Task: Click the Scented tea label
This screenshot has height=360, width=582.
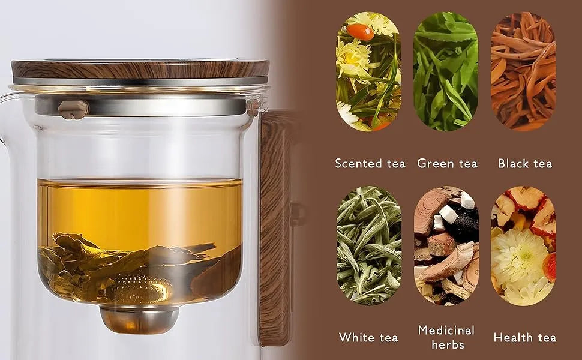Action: (x=370, y=164)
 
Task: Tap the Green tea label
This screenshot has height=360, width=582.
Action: (x=447, y=164)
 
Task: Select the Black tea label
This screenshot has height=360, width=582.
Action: (x=525, y=164)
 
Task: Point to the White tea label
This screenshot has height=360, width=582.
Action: (x=368, y=338)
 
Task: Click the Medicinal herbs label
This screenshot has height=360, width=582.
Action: (x=446, y=337)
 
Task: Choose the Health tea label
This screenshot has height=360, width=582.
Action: (x=525, y=338)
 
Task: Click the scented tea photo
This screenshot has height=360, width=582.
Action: (x=368, y=71)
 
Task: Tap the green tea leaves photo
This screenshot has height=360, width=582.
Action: (x=446, y=71)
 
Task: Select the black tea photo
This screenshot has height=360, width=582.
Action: (x=523, y=71)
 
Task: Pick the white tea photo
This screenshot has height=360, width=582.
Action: (x=368, y=245)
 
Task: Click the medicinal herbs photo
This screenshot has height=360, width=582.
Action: (x=446, y=245)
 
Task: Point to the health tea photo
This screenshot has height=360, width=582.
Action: (x=523, y=245)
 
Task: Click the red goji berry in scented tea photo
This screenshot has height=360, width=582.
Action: (x=360, y=32)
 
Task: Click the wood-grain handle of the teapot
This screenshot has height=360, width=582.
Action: (x=275, y=227)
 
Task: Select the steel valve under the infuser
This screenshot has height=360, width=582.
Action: (x=139, y=319)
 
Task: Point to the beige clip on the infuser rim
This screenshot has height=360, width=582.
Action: (x=73, y=109)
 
